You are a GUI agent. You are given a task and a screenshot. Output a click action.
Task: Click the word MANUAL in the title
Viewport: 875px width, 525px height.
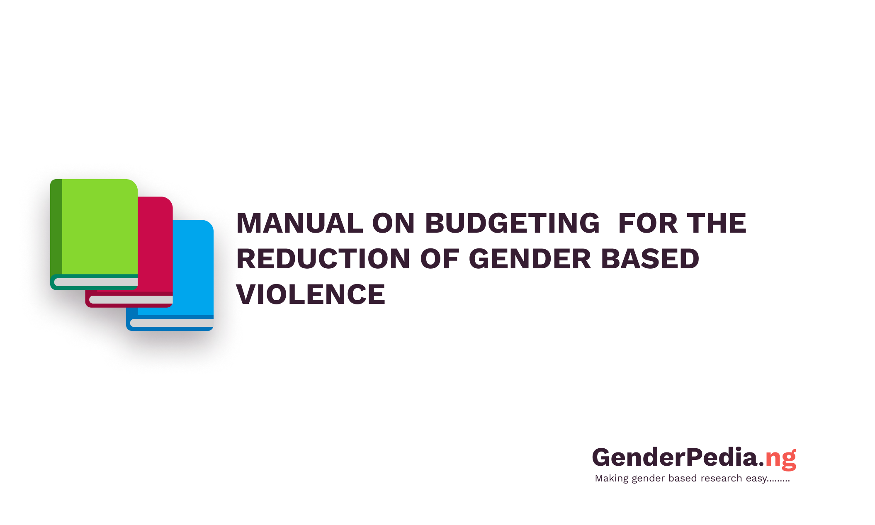(300, 223)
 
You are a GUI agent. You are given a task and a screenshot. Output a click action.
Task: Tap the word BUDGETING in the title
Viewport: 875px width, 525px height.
(513, 223)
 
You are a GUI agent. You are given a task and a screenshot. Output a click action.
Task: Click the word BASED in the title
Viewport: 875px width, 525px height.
(650, 259)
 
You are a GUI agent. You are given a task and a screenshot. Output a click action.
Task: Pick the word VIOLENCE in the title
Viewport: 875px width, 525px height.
(311, 294)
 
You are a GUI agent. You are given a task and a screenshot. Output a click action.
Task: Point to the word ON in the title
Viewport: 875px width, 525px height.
(394, 223)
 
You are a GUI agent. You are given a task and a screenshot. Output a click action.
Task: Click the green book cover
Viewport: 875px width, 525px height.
(100, 226)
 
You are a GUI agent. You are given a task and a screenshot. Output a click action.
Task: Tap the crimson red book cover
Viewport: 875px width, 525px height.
(155, 244)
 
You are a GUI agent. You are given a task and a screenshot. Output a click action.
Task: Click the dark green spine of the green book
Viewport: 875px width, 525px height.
(56, 227)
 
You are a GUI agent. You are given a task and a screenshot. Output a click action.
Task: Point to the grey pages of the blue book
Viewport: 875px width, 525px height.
(172, 323)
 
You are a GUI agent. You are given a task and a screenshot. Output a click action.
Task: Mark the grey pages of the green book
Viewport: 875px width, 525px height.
(96, 282)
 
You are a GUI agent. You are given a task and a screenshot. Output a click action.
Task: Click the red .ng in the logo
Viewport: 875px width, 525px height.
(780, 459)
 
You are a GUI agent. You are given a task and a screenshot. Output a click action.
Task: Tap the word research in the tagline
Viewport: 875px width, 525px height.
(721, 478)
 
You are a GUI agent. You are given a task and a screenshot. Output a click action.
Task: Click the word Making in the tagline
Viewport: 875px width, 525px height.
(612, 479)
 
